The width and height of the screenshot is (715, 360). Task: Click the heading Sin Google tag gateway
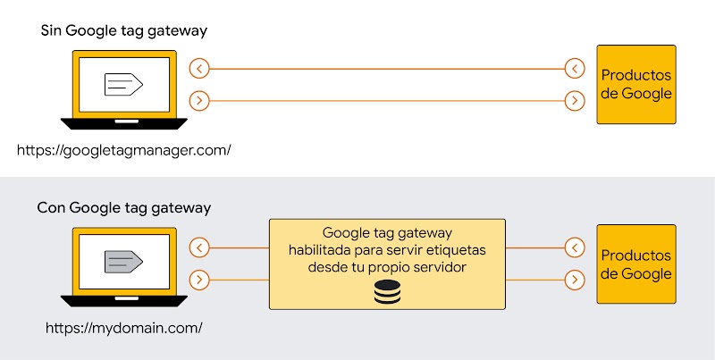(123, 31)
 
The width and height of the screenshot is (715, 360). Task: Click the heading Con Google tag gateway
(123, 208)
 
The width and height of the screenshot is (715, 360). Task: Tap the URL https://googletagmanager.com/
(124, 149)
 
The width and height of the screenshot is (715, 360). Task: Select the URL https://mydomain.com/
(124, 327)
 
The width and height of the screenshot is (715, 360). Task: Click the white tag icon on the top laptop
(123, 84)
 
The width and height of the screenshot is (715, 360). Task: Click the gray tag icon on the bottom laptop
(123, 261)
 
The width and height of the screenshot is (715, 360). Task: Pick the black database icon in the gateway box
(387, 291)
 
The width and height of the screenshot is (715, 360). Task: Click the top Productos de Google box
(636, 85)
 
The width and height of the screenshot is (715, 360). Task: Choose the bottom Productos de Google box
(636, 264)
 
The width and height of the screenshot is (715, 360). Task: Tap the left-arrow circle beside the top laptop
(200, 68)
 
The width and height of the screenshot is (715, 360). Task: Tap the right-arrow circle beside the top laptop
(200, 101)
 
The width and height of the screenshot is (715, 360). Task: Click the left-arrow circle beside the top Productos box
(576, 68)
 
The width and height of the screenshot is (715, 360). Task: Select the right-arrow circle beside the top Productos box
(576, 101)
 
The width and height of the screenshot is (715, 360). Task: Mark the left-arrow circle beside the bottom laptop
(200, 247)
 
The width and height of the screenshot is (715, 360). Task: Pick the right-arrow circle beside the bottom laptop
(200, 280)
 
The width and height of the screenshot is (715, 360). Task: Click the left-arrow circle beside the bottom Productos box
(576, 247)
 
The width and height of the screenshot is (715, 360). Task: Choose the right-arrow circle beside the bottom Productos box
(576, 280)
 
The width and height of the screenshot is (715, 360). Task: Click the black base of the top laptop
(123, 123)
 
